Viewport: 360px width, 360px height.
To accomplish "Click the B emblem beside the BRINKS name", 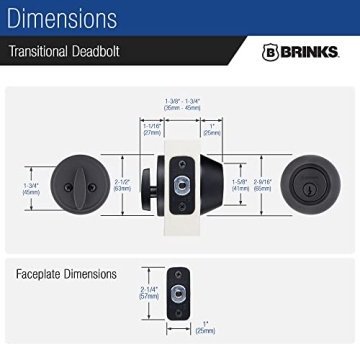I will tap(269, 52).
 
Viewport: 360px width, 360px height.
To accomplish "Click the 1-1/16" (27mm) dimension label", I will tap(152, 128).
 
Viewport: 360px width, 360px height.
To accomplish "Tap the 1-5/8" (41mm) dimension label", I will tap(239, 183).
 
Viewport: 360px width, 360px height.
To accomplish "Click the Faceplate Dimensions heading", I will tap(66, 273).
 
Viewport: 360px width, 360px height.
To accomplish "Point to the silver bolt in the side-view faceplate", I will tap(181, 184).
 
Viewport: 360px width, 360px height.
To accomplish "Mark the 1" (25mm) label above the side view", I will tap(212, 128).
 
